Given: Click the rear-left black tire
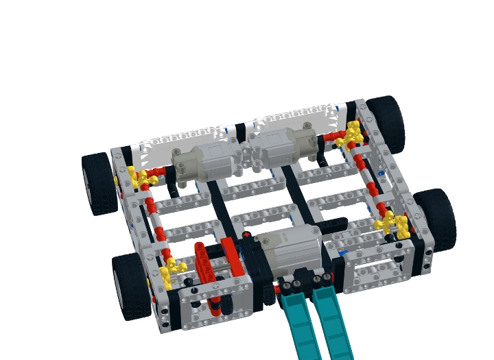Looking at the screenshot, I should coord(99,183).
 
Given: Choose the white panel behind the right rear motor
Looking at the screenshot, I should coord(295,117).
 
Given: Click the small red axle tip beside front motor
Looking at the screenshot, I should coord(246,236).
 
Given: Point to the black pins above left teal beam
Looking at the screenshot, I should coord(290,283).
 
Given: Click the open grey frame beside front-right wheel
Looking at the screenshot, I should coord(373,270).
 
